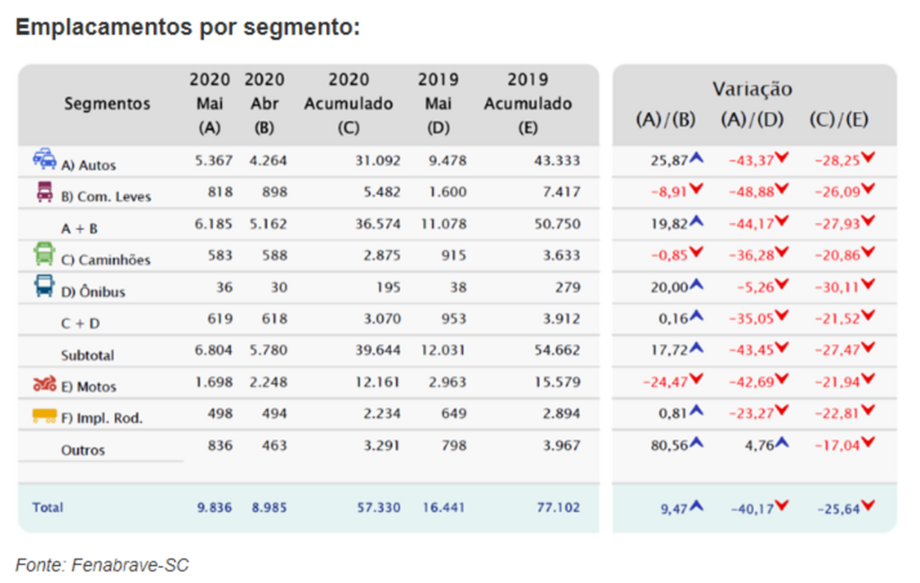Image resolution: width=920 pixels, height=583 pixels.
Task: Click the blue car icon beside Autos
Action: point(44,160)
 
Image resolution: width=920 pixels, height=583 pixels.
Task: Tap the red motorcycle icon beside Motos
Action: point(44,384)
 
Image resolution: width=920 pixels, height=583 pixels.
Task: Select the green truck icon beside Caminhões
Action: point(44,254)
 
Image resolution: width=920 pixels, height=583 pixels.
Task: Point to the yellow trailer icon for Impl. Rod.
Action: point(44,416)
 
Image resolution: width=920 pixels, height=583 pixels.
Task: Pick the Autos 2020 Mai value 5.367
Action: point(213,161)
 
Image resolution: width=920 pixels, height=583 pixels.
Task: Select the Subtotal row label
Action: point(87,355)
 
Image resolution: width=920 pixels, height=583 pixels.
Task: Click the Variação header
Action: point(753,89)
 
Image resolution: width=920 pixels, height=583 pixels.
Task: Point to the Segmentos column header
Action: point(107,104)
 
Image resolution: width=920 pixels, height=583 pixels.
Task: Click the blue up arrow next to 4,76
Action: point(782,442)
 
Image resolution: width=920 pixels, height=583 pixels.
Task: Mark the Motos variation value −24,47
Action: point(666,381)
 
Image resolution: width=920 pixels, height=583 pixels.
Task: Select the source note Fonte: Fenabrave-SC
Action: point(102,564)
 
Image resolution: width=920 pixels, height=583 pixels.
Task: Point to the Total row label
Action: point(48,508)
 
